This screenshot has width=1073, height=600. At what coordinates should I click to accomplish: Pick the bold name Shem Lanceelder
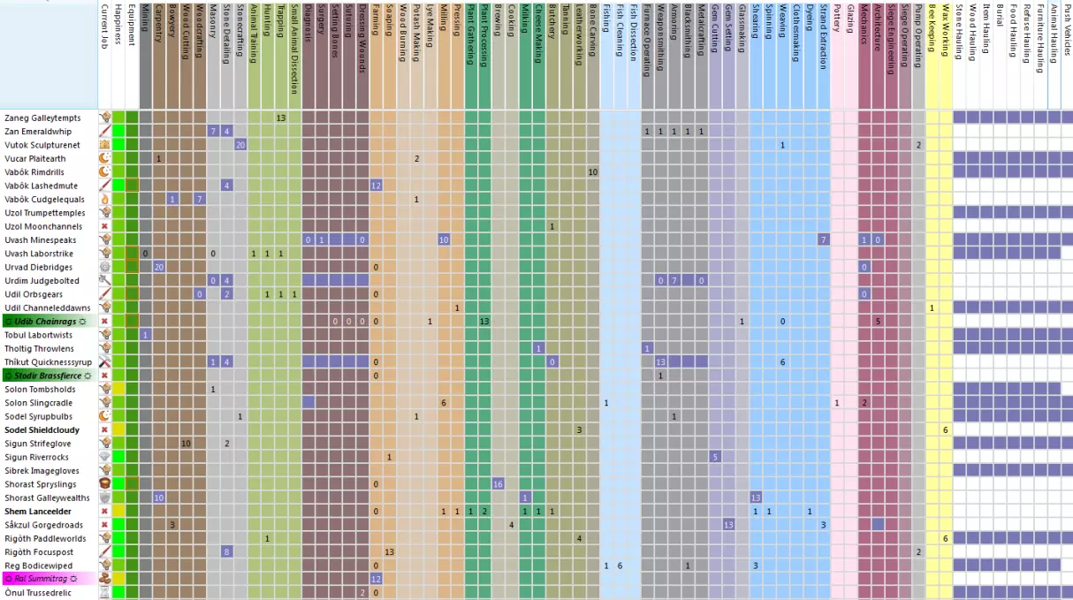(x=39, y=511)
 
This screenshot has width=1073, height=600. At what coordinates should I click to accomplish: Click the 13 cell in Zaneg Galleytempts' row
(x=281, y=118)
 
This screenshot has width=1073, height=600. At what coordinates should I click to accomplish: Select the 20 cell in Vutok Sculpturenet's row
(x=240, y=145)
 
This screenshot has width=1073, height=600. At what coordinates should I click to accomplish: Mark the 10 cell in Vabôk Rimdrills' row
(x=593, y=171)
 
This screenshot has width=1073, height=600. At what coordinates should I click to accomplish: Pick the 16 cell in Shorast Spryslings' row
(x=498, y=484)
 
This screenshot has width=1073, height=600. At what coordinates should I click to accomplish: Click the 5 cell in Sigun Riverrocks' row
(x=715, y=457)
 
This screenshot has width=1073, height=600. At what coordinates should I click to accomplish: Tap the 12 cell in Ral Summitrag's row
(x=376, y=579)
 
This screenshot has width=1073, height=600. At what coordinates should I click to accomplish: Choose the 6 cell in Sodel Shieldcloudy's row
(x=945, y=429)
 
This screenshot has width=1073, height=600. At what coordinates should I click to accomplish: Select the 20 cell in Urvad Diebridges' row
(x=159, y=267)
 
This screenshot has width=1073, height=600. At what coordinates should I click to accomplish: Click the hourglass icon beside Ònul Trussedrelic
(x=104, y=592)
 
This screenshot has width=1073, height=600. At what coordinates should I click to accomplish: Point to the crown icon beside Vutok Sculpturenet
(x=104, y=145)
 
